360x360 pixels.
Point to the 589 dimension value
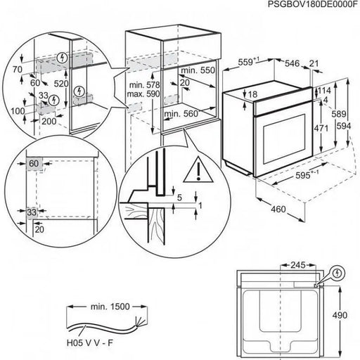339,115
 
